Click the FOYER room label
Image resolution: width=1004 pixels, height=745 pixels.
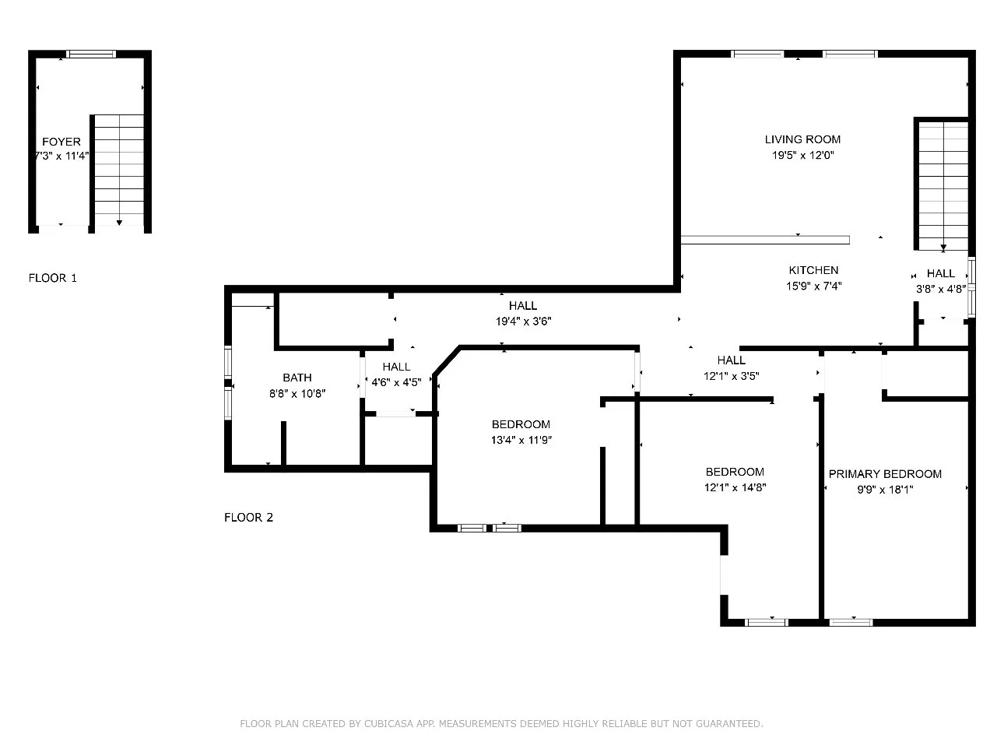[x=61, y=142]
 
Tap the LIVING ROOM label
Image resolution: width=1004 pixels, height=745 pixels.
[x=802, y=139]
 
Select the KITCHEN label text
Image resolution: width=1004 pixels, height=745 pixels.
[x=813, y=270]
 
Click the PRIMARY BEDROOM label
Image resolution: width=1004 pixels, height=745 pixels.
[x=884, y=474]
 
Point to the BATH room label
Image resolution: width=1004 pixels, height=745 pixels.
[x=297, y=378]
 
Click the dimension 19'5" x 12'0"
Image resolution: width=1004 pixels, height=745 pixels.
[x=802, y=156]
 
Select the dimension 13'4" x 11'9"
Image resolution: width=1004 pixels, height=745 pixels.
[x=521, y=440]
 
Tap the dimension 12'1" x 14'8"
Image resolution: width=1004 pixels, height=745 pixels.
[x=735, y=487]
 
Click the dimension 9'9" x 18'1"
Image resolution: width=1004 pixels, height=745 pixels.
[x=884, y=490]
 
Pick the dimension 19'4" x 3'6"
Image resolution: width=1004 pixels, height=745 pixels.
[x=523, y=321]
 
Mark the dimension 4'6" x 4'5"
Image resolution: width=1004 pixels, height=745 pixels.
[x=396, y=382]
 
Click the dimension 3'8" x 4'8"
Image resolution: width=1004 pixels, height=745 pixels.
[x=941, y=289]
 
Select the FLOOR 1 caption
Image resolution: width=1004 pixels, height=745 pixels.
[x=52, y=278]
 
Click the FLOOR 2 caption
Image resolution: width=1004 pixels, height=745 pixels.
[x=248, y=517]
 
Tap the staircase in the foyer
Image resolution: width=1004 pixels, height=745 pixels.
[x=119, y=170]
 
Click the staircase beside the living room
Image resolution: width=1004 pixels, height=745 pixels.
[x=943, y=184]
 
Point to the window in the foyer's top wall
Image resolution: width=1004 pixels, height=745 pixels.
[x=91, y=54]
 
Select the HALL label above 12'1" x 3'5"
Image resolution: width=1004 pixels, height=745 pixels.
[x=731, y=360]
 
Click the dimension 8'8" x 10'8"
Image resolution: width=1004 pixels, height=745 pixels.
[x=297, y=394]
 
